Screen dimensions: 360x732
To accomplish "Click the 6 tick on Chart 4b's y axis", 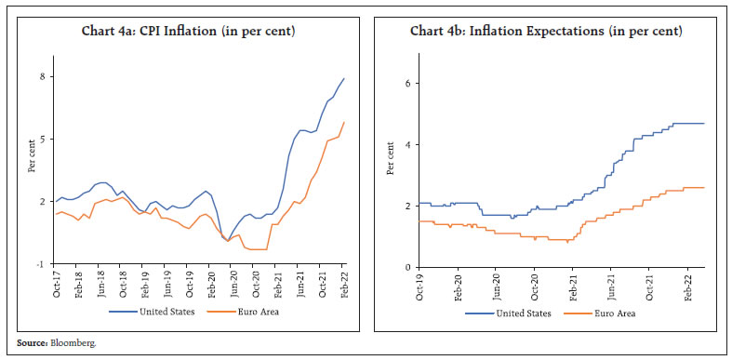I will [x=407, y=83].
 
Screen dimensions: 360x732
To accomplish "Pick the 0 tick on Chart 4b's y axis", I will [x=407, y=267].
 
